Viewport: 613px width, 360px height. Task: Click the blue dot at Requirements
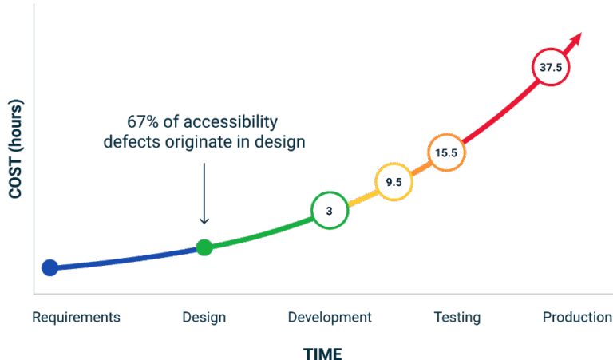(49, 267)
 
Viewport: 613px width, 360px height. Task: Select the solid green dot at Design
(204, 247)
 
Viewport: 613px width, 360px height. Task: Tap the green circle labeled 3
(329, 211)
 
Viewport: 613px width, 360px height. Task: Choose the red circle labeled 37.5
(551, 68)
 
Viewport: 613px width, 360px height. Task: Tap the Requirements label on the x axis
(76, 318)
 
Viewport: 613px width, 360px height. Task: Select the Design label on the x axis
(204, 318)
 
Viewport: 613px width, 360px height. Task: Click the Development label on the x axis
(329, 318)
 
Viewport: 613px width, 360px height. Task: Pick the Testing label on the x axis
(457, 318)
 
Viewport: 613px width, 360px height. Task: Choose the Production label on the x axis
(576, 318)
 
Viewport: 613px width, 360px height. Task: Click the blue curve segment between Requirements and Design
(128, 259)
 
